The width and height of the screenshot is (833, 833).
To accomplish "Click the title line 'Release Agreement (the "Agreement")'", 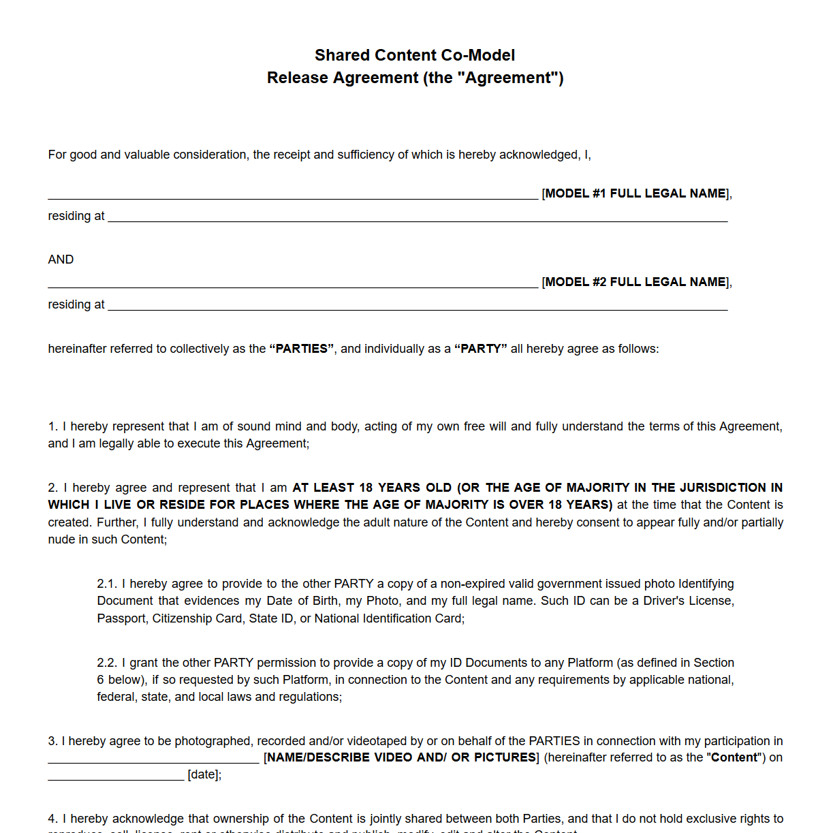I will pyautogui.click(x=415, y=78).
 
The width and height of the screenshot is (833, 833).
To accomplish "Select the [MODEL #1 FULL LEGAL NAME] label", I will pyautogui.click(x=636, y=193).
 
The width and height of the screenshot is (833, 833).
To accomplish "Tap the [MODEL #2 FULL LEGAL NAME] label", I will pyautogui.click(x=636, y=282).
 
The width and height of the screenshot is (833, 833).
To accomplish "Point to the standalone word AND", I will pyautogui.click(x=61, y=260).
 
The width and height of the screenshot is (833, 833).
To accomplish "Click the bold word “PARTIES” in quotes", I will pyautogui.click(x=302, y=349).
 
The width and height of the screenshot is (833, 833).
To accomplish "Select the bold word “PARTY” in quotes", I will pyautogui.click(x=481, y=349).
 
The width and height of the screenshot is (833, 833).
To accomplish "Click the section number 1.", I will pyautogui.click(x=52, y=426).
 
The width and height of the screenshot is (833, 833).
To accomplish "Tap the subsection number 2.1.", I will pyautogui.click(x=106, y=584).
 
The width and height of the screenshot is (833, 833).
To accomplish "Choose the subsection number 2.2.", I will pyautogui.click(x=106, y=663).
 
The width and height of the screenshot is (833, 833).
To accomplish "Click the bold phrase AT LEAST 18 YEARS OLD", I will pyautogui.click(x=372, y=488).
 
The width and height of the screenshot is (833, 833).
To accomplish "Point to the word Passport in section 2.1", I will pyautogui.click(x=121, y=618).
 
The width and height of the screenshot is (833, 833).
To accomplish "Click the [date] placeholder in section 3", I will pyautogui.click(x=204, y=774).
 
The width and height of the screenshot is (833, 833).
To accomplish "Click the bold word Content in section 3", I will pyautogui.click(x=734, y=757).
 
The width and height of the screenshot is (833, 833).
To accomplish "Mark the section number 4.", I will pyautogui.click(x=52, y=819).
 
